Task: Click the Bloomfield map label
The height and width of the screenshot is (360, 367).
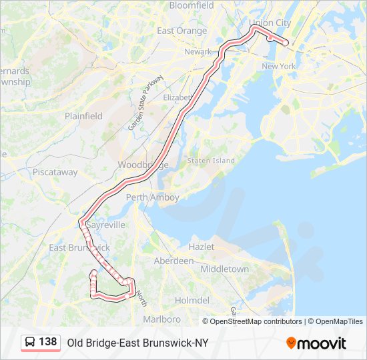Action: click(x=192, y=5)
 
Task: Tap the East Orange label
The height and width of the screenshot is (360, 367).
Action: click(x=182, y=31)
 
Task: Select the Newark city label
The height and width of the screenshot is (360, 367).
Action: click(x=198, y=52)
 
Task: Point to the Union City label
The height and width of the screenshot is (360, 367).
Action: click(x=270, y=23)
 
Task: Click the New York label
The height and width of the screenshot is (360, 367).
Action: click(x=278, y=67)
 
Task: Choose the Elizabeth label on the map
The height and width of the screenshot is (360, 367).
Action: click(x=177, y=97)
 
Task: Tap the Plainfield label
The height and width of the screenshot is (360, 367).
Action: click(x=83, y=116)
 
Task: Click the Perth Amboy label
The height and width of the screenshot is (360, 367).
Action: click(x=153, y=197)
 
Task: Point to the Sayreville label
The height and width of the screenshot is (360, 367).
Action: click(x=105, y=225)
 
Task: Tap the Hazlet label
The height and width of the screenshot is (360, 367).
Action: click(x=202, y=247)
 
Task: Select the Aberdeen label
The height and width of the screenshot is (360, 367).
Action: click(x=174, y=261)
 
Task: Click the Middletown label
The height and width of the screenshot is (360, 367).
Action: click(x=225, y=269)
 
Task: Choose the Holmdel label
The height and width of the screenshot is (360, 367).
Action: click(x=192, y=301)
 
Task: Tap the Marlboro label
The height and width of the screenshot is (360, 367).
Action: click(x=161, y=319)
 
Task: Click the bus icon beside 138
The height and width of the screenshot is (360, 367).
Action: click(x=30, y=343)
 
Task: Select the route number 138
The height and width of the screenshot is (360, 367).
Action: click(x=47, y=342)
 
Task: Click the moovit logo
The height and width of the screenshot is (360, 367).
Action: click(x=316, y=343)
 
